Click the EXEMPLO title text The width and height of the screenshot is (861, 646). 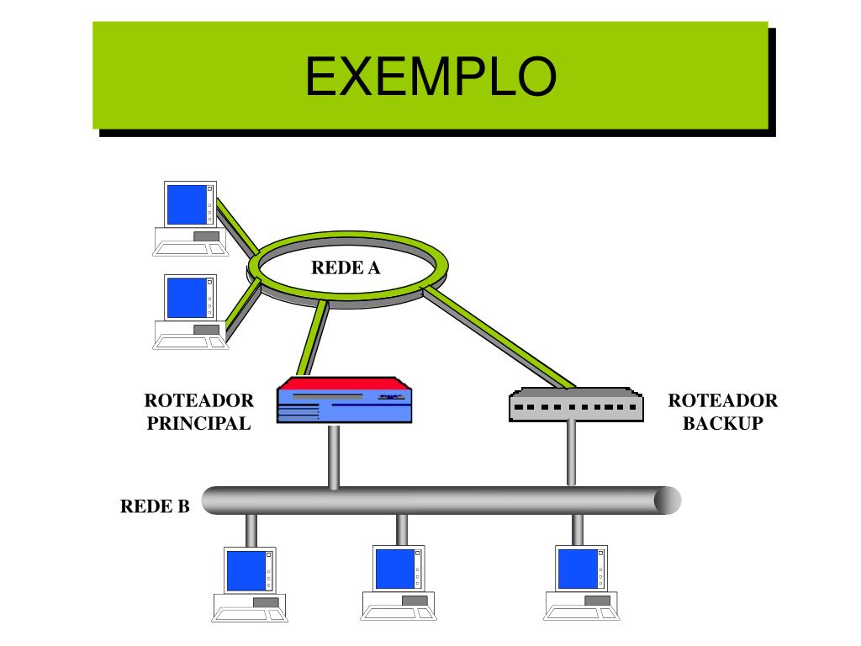click(430, 77)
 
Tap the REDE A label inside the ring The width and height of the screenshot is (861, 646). click(346, 267)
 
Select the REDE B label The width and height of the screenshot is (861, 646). click(155, 506)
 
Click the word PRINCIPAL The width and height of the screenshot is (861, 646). click(198, 423)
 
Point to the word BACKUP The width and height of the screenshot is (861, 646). click(722, 423)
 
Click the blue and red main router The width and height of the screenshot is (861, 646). click(344, 400)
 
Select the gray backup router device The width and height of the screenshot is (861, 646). click(576, 405)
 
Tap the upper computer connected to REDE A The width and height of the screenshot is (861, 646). click(190, 219)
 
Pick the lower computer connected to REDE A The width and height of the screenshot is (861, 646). click(190, 311)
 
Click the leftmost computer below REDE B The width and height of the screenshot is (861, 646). click(250, 584)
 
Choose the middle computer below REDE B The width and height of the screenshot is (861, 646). click(398, 583)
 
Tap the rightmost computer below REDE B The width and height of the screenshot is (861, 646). click(582, 583)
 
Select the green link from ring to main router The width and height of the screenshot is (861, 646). click(313, 338)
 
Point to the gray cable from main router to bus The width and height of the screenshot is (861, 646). click(333, 456)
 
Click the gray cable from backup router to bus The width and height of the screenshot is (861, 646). click(571, 454)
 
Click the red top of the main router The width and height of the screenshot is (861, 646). click(344, 384)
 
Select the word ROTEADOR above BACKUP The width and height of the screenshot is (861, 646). click(722, 400)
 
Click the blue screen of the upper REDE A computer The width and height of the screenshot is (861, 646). click(187, 204)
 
